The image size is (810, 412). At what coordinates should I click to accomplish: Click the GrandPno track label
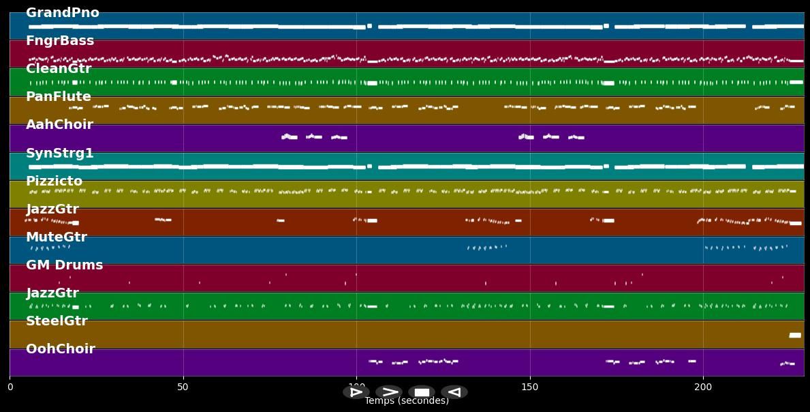[x=62, y=13]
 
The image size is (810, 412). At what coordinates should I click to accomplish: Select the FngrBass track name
[x=60, y=41]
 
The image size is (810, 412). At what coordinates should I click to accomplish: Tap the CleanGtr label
[x=59, y=69]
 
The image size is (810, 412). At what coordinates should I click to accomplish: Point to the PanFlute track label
[x=59, y=97]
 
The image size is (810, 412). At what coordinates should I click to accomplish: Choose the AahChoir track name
[x=59, y=125]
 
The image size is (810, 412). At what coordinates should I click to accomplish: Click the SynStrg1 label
[x=60, y=153]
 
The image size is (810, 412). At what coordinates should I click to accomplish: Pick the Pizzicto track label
[x=54, y=181]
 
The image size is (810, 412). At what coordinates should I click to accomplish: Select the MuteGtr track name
[x=57, y=237]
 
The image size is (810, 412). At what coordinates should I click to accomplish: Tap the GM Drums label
[x=64, y=265]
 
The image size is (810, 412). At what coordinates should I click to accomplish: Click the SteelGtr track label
[x=57, y=321]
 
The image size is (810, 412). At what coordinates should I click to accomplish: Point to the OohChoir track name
[x=61, y=349]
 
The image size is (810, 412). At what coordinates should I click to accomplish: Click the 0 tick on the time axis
[x=10, y=387]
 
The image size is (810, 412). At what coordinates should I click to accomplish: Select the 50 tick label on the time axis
[x=183, y=387]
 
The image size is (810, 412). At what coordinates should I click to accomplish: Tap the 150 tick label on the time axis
[x=529, y=387]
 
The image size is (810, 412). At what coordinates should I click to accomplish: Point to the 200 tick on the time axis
[x=702, y=387]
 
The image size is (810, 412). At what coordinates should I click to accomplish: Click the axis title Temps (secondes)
[x=407, y=401]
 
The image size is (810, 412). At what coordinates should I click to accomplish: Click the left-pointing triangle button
[x=454, y=392]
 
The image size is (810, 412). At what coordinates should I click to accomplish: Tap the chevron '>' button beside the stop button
[x=389, y=392]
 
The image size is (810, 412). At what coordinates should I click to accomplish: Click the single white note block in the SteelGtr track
[x=794, y=335]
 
